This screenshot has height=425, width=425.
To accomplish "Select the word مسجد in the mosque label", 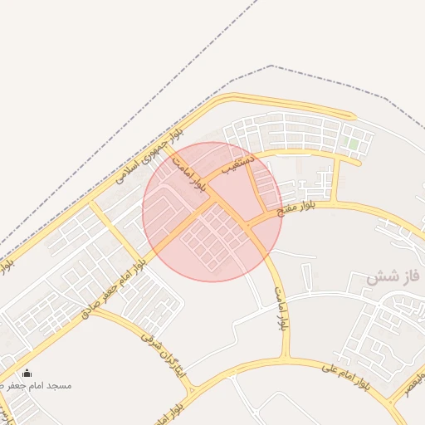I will click(60, 386).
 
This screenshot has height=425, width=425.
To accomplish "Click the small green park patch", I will click(353, 144).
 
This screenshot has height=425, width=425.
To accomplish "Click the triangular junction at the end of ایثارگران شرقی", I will click(193, 385).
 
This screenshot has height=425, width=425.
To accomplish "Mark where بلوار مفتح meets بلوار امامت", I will click(249, 224).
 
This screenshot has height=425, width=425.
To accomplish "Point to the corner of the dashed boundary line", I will click(271, 66).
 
